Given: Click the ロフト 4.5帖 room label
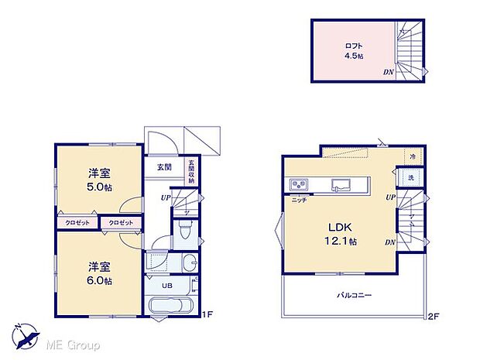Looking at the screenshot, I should pos(354,50).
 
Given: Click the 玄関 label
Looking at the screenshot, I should pos(164,166).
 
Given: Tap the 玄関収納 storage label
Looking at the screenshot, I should pos(190,171).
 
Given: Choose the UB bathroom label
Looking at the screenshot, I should pos(166,285).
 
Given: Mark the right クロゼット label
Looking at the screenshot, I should pos(120,223).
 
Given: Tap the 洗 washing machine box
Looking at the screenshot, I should pos(411,179).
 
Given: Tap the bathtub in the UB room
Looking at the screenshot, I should pos(172,304).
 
